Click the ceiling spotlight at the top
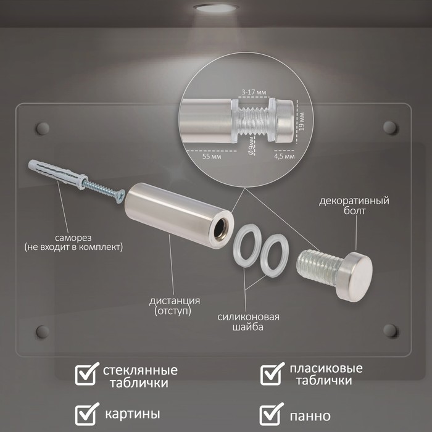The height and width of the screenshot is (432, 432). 216,7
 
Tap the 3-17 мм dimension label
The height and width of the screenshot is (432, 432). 254,92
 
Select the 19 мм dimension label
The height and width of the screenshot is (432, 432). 302,121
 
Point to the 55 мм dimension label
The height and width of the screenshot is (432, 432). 212,157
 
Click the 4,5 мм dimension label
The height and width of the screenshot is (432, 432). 285,157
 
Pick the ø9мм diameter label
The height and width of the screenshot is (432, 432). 251,144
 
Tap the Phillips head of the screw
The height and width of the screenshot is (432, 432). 120,197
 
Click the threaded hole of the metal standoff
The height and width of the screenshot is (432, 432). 220,228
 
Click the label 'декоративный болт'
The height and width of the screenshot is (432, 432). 354,206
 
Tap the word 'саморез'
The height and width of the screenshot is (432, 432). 73,238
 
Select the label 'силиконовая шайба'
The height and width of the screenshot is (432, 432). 248,322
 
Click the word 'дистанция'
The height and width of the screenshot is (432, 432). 175,301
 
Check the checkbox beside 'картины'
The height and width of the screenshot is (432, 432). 86,414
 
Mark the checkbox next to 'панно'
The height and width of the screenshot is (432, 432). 270,414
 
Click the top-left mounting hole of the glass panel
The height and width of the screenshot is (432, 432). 43,128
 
